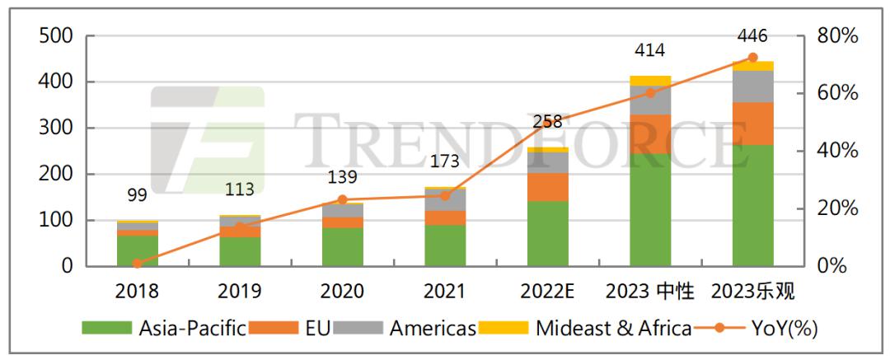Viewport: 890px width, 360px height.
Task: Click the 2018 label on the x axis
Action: (137, 291)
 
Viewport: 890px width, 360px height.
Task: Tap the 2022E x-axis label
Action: (547, 291)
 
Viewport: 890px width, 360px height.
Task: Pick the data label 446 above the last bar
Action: (752, 36)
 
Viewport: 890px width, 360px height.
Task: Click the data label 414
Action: (650, 51)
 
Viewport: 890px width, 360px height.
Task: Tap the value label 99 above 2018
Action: (137, 195)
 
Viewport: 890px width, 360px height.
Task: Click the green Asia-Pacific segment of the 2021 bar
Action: (445, 245)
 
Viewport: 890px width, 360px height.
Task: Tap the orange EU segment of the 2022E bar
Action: (547, 187)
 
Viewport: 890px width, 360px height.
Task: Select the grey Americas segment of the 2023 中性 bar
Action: (650, 100)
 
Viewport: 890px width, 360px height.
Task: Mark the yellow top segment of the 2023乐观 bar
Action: (752, 66)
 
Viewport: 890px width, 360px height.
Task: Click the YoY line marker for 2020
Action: (342, 199)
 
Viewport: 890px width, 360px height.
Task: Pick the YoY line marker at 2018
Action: (137, 264)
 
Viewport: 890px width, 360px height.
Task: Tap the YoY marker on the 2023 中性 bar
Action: (650, 93)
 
